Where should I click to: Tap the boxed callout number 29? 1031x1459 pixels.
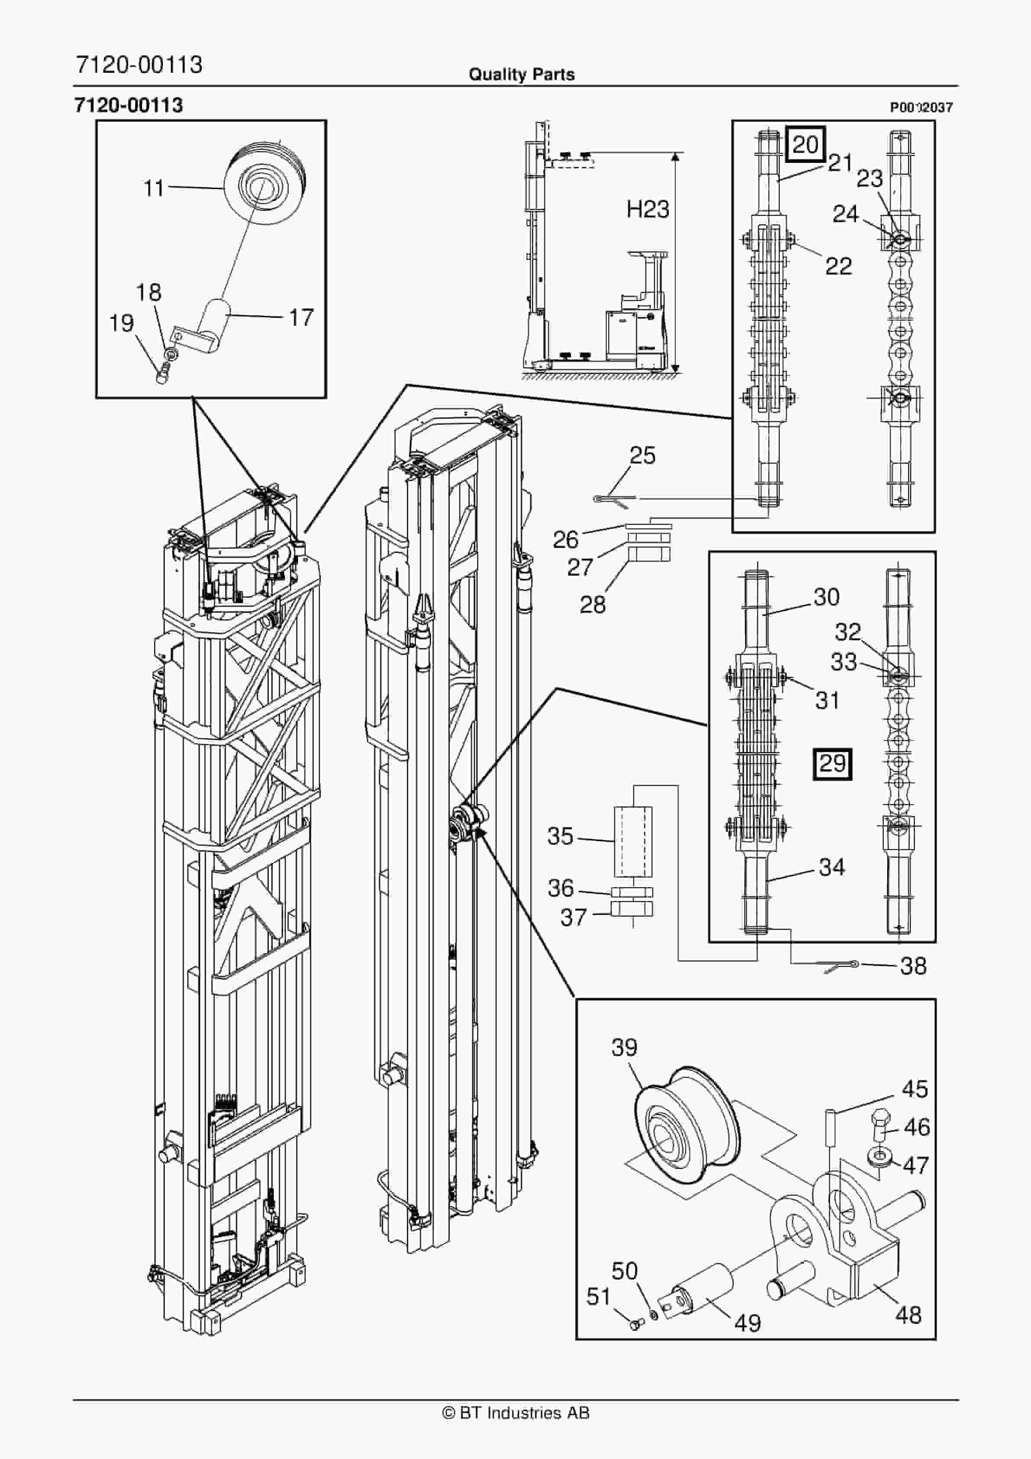point(832,763)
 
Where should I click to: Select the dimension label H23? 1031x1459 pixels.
point(648,209)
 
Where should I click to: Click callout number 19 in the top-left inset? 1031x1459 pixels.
point(121,324)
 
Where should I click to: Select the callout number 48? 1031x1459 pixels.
point(908,1315)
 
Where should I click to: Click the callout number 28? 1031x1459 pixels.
point(593,604)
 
